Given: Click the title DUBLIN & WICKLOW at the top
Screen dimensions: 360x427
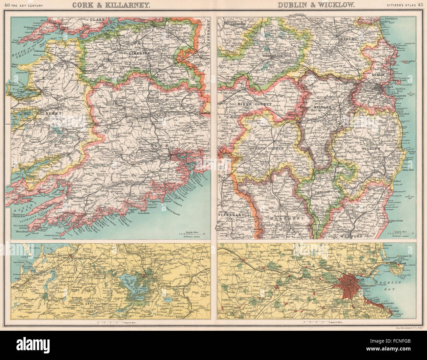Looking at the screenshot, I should (x=316, y=5).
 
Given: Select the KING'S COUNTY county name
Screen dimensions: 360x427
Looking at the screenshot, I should (x=254, y=104).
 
